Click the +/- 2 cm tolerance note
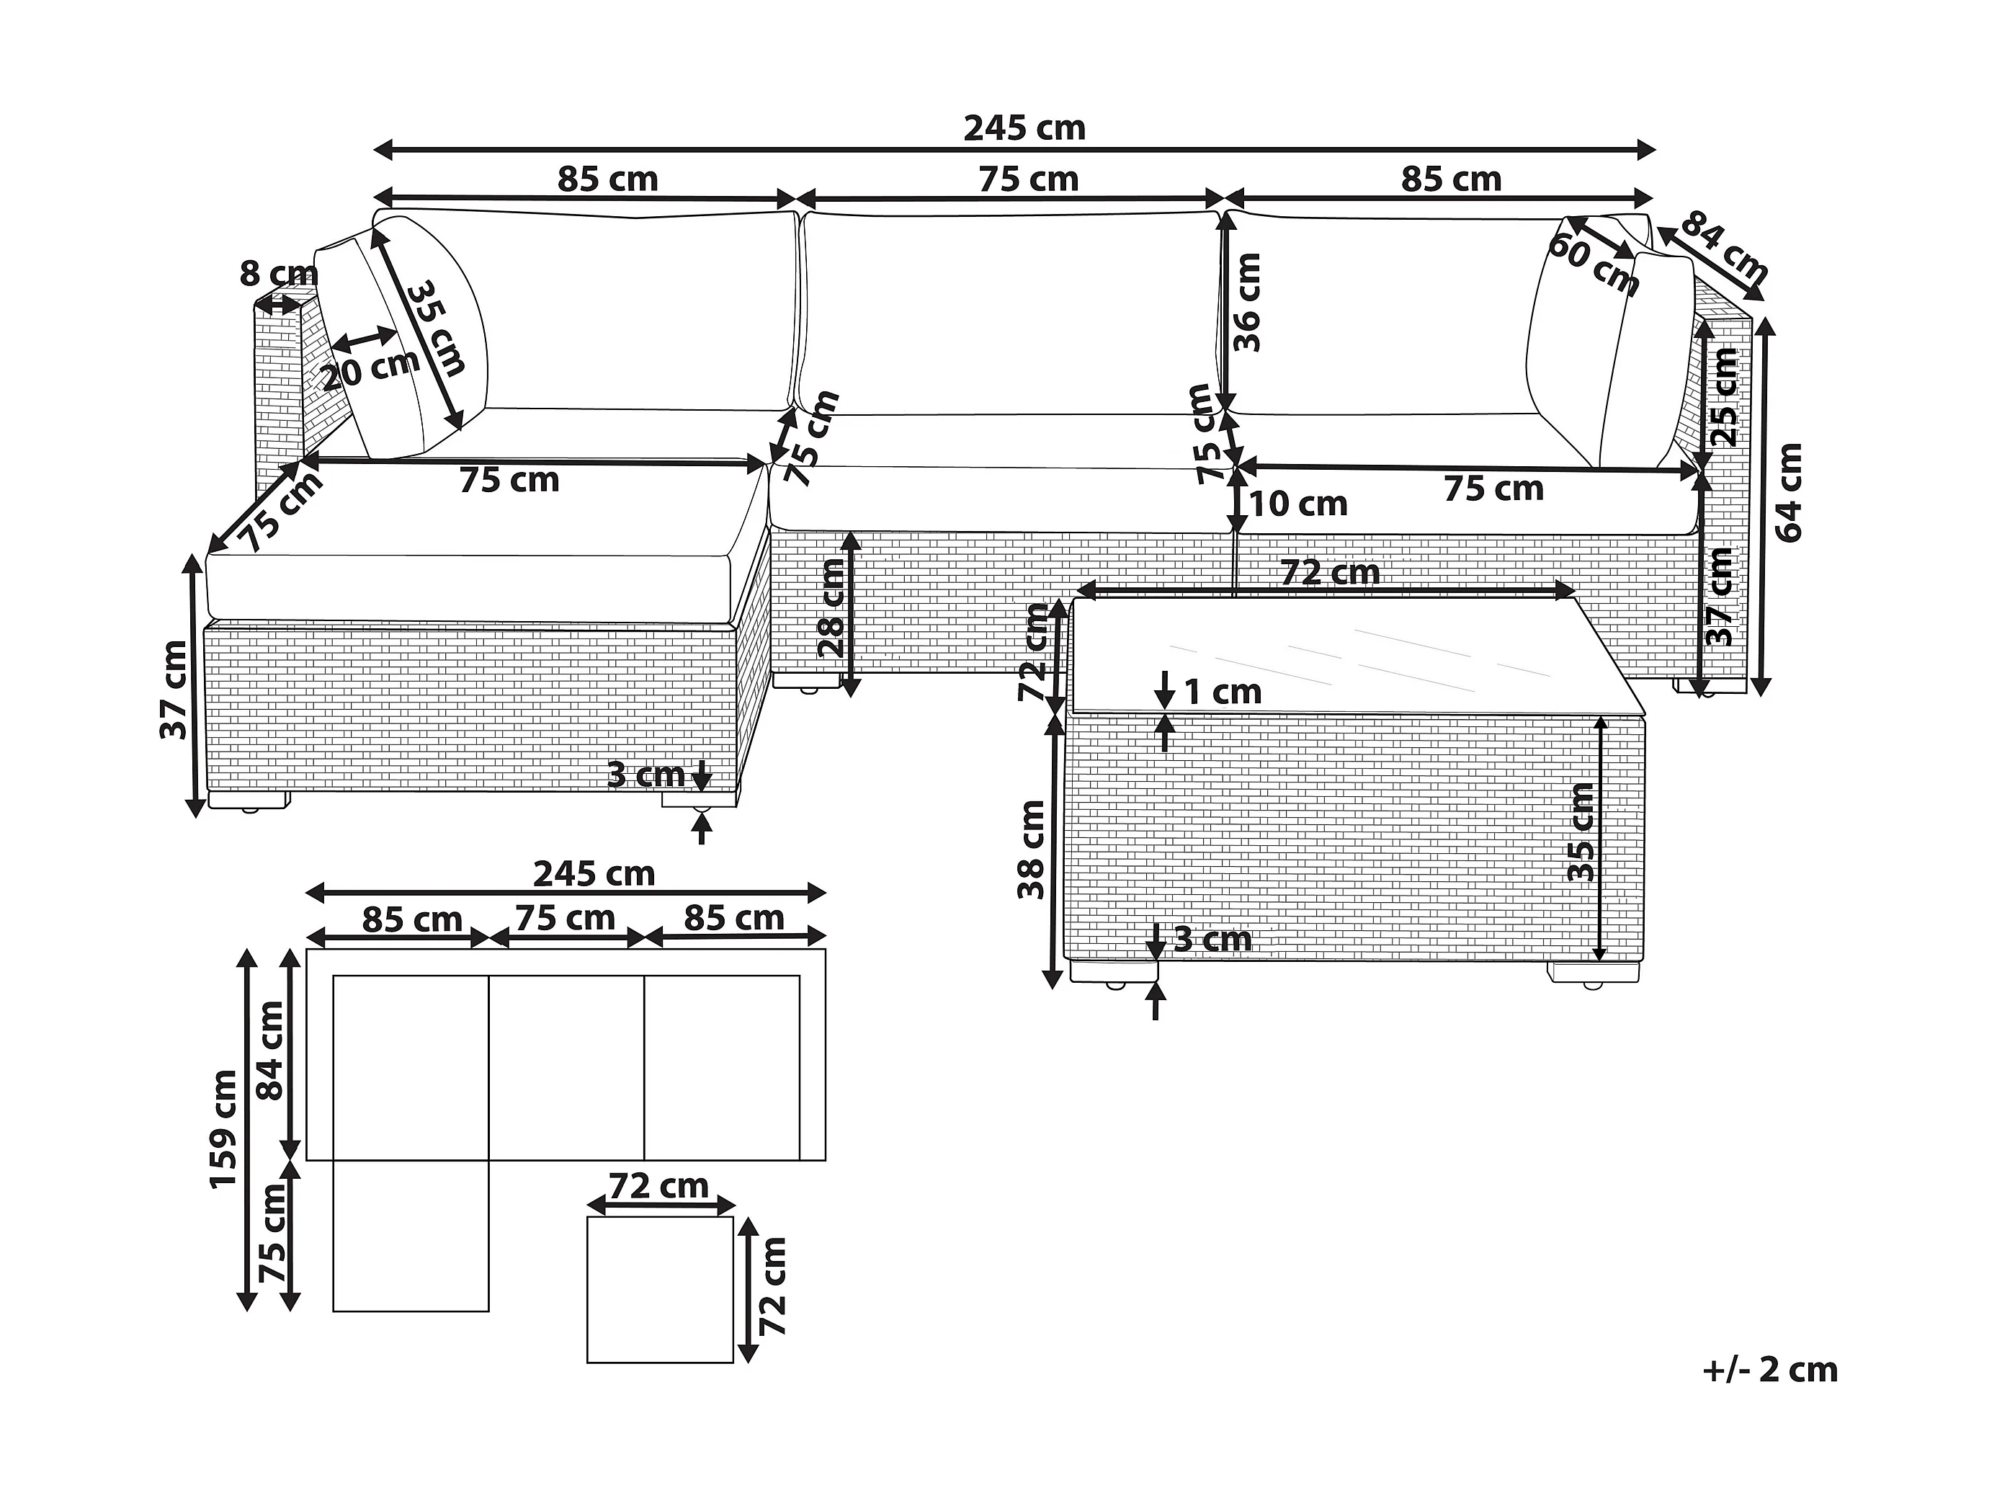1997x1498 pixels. click(1769, 1370)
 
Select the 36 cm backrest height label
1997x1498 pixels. click(1247, 303)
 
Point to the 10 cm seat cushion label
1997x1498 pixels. click(1298, 504)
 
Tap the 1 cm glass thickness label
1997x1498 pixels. click(1223, 692)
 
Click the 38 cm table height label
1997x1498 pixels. click(1031, 850)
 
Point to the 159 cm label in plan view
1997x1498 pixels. click(223, 1128)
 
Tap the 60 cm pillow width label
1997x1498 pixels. click(1594, 264)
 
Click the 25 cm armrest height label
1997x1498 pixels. click(1725, 397)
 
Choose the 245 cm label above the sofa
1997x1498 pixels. click(1024, 128)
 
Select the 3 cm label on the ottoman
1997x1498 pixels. click(645, 775)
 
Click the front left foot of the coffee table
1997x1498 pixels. click(1113, 973)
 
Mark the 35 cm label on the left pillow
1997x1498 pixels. click(436, 328)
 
